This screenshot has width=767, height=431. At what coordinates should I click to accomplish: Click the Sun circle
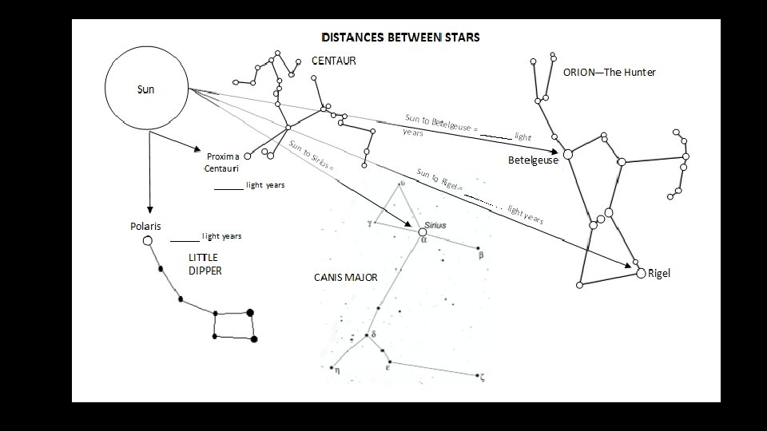tap(146, 89)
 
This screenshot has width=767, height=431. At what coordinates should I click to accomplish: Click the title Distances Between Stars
tap(400, 38)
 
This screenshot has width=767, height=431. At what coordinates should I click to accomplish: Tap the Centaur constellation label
tap(334, 61)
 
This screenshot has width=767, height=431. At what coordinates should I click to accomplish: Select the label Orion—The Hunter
tap(609, 73)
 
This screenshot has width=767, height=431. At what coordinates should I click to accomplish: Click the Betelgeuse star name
tap(533, 160)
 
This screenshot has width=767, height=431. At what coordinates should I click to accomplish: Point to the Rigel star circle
tap(641, 274)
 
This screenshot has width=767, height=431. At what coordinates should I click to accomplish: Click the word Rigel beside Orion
tap(659, 273)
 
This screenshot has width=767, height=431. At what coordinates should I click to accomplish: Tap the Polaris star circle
tap(147, 240)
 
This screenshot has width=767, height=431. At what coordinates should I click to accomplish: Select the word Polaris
tap(145, 226)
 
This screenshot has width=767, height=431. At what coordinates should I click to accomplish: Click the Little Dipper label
tap(205, 264)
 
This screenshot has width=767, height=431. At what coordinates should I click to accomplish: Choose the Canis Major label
tap(345, 278)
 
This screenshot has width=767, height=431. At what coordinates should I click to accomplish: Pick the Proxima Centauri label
tap(222, 163)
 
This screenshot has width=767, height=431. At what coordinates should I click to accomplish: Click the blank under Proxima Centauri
tap(229, 188)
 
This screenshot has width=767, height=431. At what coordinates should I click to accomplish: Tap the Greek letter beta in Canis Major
tap(481, 256)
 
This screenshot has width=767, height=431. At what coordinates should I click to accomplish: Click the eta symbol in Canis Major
tap(337, 370)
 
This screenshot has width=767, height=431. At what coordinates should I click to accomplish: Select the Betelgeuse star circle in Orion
tap(568, 153)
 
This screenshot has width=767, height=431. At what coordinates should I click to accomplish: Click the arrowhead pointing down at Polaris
tap(149, 209)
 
